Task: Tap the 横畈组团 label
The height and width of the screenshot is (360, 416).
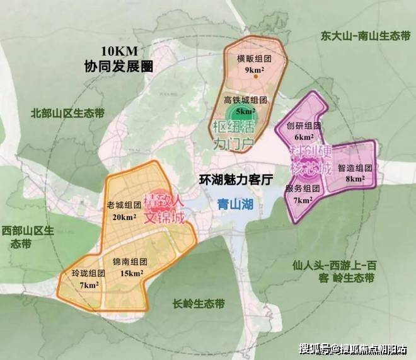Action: tap(246, 59)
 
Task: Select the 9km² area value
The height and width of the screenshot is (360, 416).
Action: tap(246, 70)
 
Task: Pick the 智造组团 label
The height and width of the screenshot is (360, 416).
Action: tap(355, 168)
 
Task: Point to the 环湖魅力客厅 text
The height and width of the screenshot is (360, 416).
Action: tap(235, 178)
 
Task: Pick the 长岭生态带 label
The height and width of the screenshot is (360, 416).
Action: tap(199, 303)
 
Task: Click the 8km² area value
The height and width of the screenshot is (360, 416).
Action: tap(355, 180)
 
